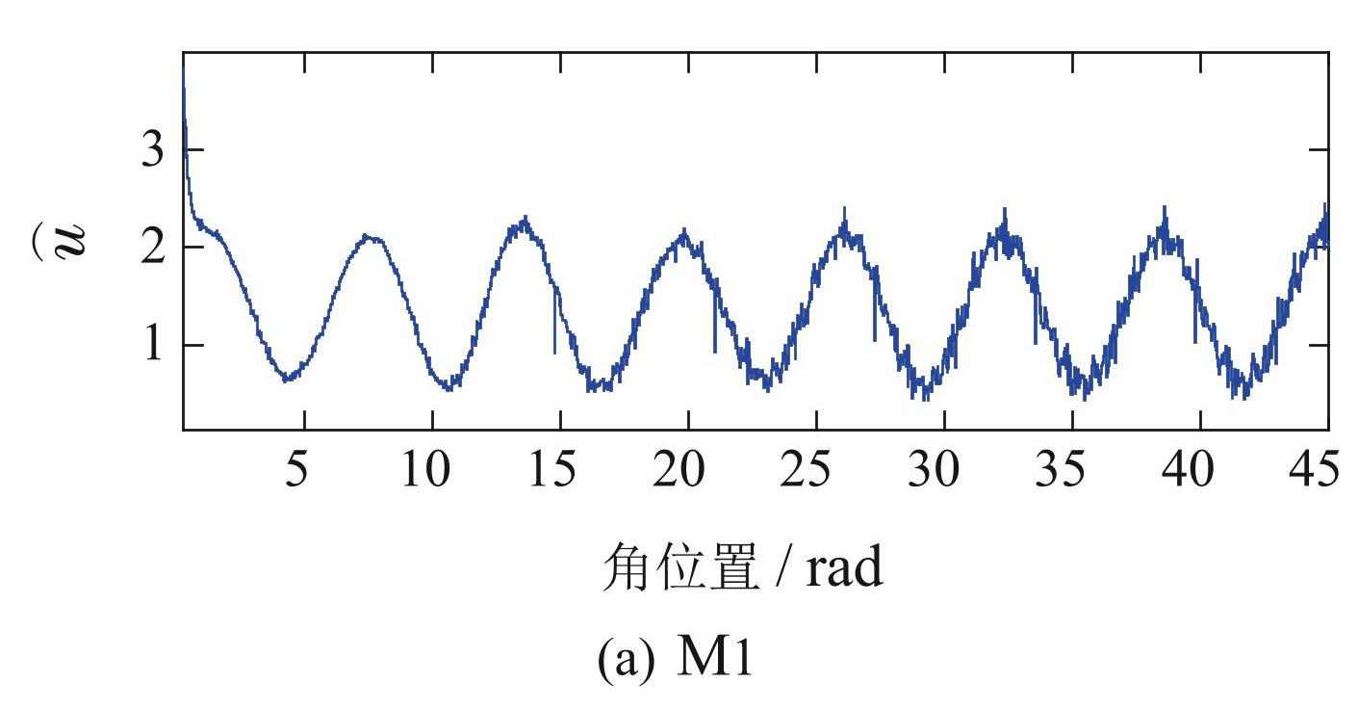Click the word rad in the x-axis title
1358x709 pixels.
point(843,569)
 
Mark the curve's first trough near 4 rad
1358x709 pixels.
point(286,379)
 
